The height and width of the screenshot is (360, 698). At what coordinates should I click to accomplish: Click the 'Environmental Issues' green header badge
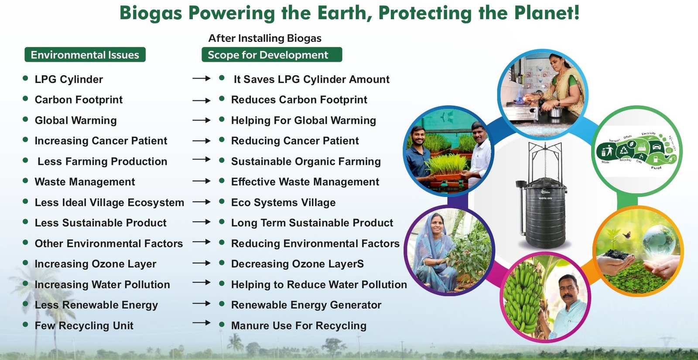point(85,55)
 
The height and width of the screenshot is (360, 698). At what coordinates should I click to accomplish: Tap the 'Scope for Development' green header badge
point(271,55)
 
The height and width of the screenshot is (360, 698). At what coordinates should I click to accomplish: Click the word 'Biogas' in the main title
point(151,13)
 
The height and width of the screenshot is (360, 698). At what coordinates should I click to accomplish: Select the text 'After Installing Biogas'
point(265,38)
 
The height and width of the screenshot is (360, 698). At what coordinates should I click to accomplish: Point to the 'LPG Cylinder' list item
point(69,79)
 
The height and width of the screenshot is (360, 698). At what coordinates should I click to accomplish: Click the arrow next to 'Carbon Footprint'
point(201,100)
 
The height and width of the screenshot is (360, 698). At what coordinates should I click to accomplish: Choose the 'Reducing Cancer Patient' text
point(295,141)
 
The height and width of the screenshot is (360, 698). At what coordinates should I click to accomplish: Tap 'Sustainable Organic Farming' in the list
point(306,161)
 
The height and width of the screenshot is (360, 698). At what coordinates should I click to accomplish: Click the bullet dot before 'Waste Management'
point(25,181)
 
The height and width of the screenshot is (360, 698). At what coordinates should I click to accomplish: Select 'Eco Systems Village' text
point(283,202)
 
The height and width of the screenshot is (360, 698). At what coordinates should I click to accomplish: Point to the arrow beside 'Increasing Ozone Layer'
point(201,263)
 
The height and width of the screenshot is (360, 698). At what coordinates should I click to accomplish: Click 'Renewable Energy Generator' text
point(306,305)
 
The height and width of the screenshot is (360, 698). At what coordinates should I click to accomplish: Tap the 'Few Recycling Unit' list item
point(84,326)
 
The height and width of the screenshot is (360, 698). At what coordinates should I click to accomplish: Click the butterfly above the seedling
point(627,235)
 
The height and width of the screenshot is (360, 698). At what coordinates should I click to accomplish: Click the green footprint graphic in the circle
point(637,151)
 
